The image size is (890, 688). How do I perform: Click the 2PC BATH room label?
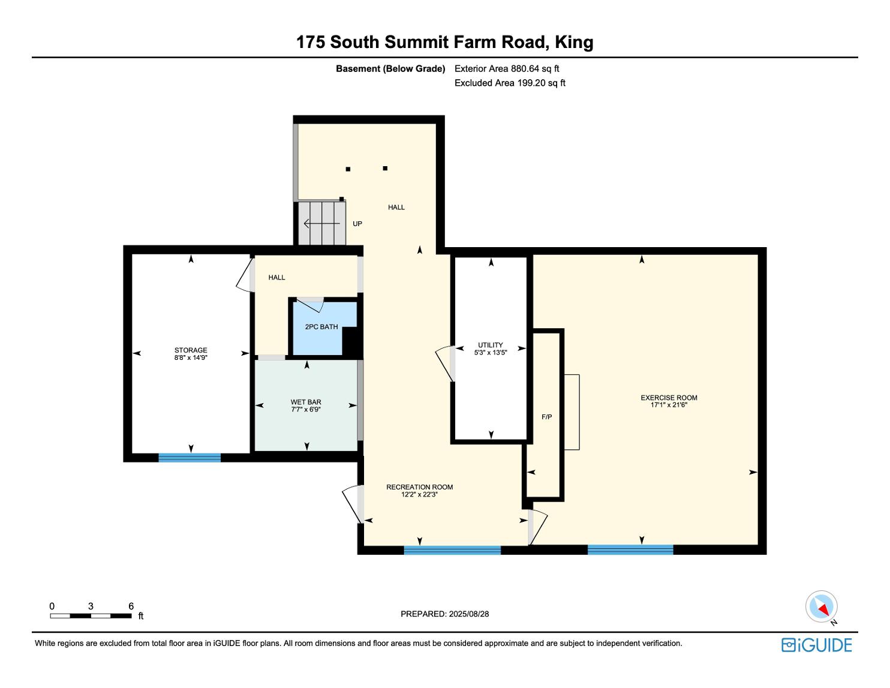(x=321, y=327)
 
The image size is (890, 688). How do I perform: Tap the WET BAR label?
(x=306, y=402)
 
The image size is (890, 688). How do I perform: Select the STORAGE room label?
(x=191, y=350)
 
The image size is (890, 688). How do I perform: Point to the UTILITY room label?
(x=490, y=345)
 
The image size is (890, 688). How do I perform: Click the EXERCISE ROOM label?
(x=669, y=398)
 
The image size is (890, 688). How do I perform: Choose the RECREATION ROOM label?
(x=419, y=487)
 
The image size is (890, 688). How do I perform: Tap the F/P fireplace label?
(x=546, y=417)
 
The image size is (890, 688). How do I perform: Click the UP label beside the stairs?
(x=357, y=224)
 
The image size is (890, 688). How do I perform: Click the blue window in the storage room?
(x=190, y=458)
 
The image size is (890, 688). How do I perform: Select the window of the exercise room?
(x=630, y=549)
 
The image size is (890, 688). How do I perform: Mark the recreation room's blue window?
(x=452, y=550)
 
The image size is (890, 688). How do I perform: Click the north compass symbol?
(x=821, y=607)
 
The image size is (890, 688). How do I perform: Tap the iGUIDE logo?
(x=816, y=645)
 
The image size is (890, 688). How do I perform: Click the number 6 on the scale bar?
(x=131, y=606)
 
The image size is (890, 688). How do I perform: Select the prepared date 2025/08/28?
(x=468, y=614)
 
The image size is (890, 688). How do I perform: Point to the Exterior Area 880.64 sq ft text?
(x=507, y=69)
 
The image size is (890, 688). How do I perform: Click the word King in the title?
(x=574, y=42)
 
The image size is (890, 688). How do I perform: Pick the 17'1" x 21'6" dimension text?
(x=669, y=405)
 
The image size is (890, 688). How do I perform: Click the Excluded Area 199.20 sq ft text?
(x=510, y=83)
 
